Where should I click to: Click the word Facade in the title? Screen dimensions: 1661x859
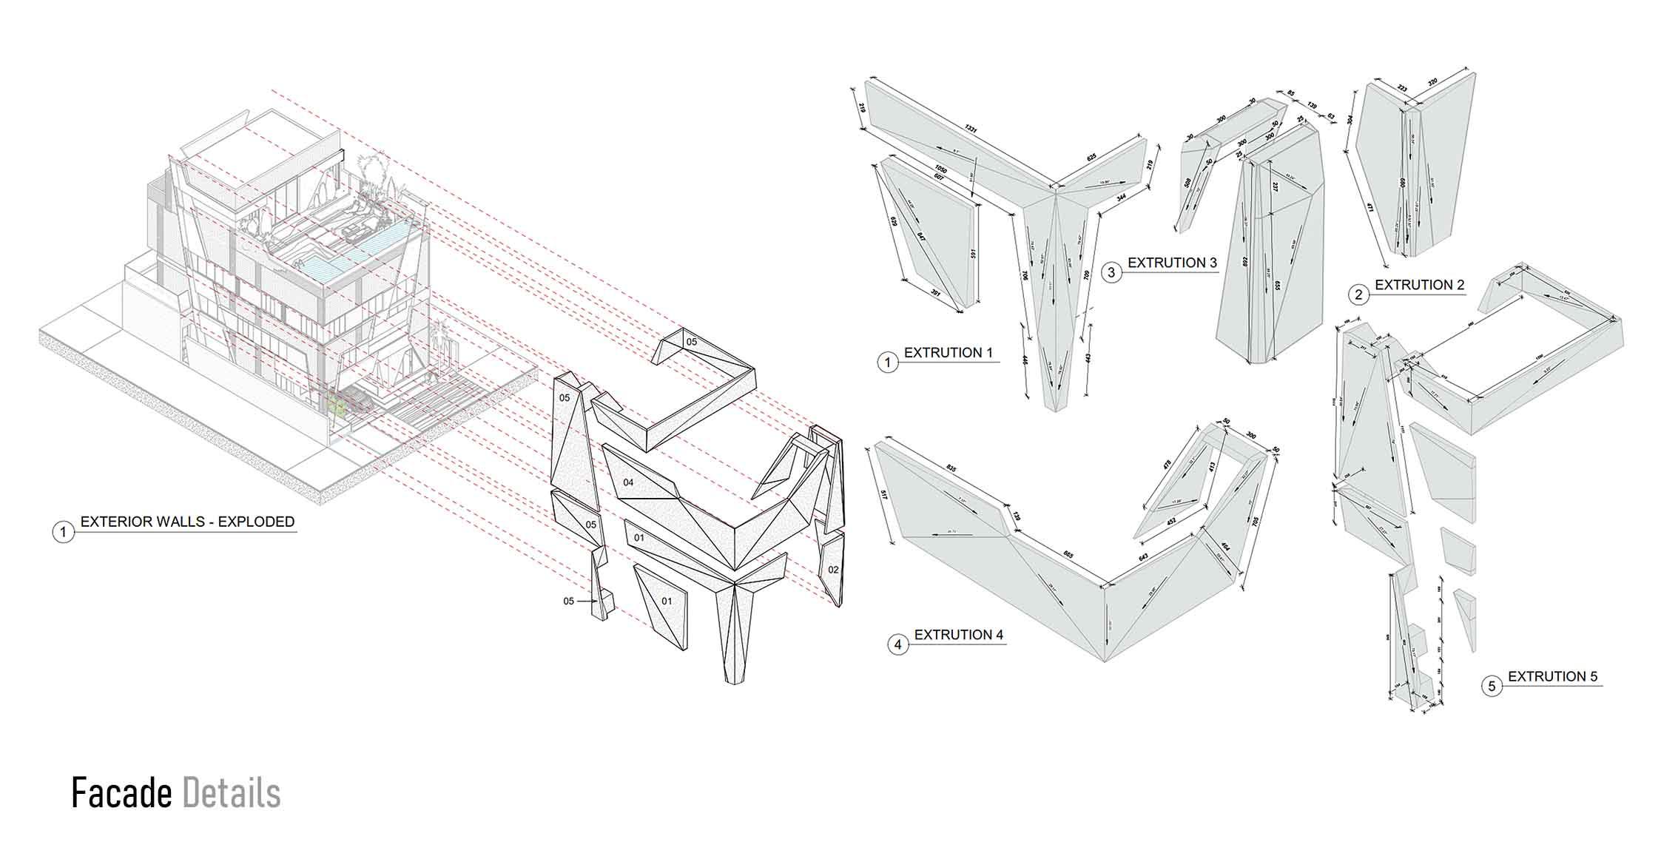click(121, 793)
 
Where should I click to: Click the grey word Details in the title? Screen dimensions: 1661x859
click(232, 793)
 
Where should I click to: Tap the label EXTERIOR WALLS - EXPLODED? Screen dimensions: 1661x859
click(187, 522)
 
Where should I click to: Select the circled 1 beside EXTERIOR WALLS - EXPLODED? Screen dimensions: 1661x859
click(64, 532)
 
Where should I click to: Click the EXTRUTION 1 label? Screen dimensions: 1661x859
click(948, 353)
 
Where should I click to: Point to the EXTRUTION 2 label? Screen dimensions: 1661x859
click(1419, 285)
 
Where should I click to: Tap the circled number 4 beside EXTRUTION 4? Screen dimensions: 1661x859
click(897, 644)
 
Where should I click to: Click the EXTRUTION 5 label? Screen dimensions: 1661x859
click(1552, 677)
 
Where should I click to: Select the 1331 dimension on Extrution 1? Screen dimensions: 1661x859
click(969, 129)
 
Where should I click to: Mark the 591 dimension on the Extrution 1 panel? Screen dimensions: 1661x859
click(974, 253)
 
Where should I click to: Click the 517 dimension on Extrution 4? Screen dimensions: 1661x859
click(883, 496)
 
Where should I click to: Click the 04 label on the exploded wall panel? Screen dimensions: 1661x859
click(628, 482)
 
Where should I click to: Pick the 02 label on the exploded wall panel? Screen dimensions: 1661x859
click(833, 570)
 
